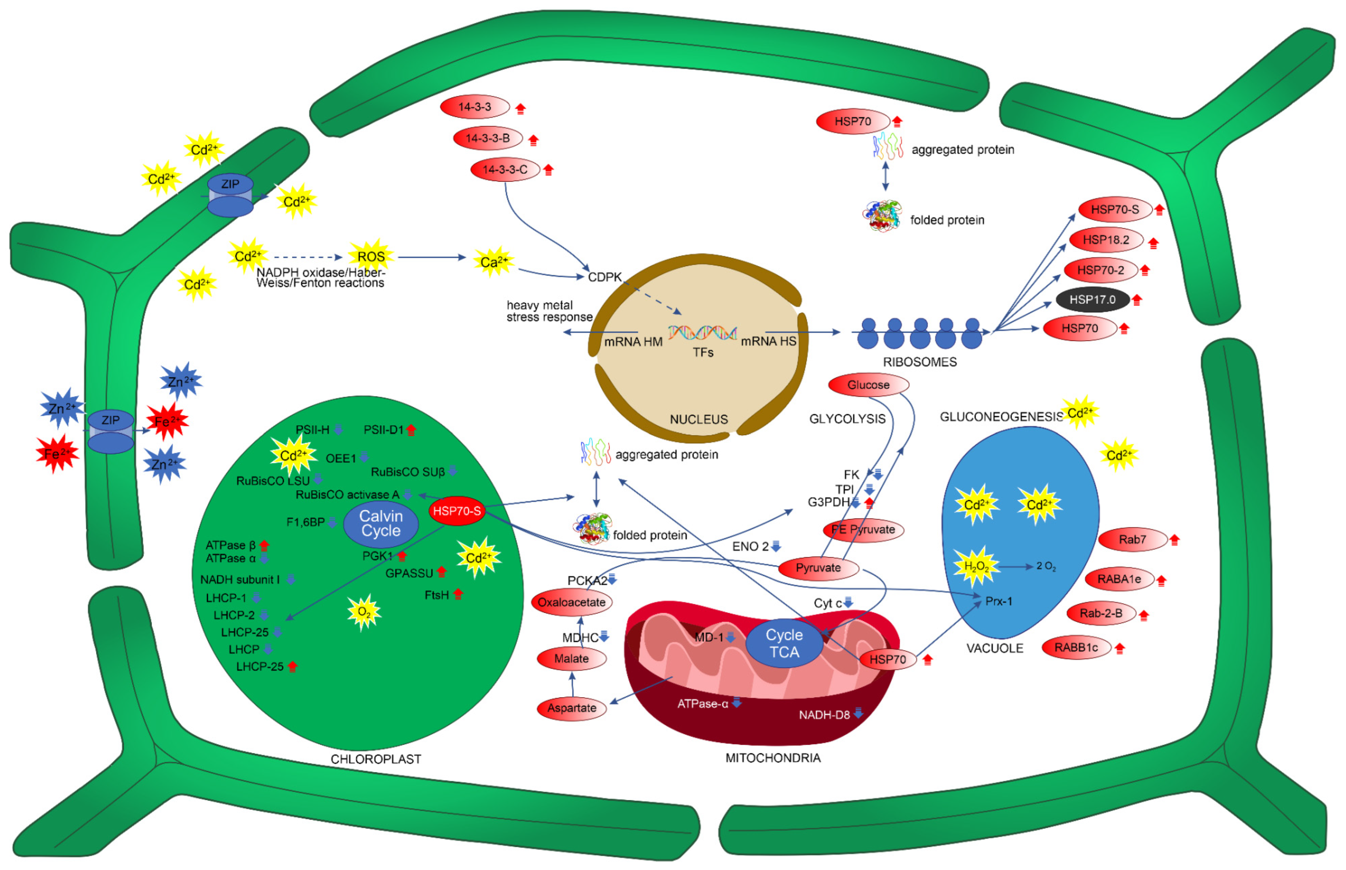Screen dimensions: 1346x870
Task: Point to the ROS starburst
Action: tap(371, 257)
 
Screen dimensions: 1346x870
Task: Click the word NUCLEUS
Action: tap(699, 419)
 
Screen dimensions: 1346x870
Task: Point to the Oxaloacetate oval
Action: tap(571, 602)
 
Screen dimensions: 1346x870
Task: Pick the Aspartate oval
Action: tap(571, 708)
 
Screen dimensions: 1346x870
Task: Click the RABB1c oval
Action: tap(1076, 647)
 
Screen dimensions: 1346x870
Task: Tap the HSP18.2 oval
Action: tap(1105, 239)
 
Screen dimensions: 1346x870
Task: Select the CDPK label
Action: tap(604, 277)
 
